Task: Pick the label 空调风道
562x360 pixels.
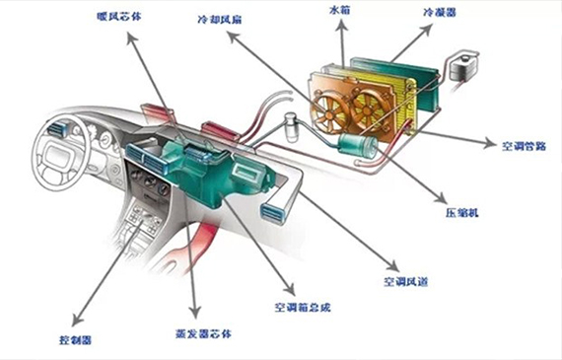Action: [x=403, y=280]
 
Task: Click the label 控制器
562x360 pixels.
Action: [x=75, y=337]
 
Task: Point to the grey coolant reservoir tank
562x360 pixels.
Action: [x=459, y=66]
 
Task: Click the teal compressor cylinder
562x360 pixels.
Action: [x=356, y=148]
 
